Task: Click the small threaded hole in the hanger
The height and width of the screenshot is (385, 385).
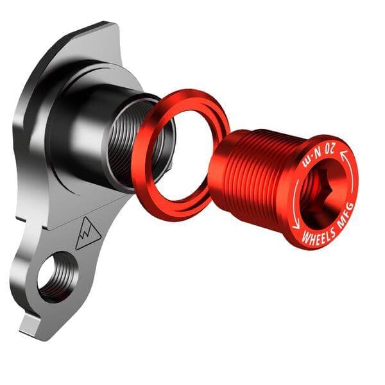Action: coord(56,275)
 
